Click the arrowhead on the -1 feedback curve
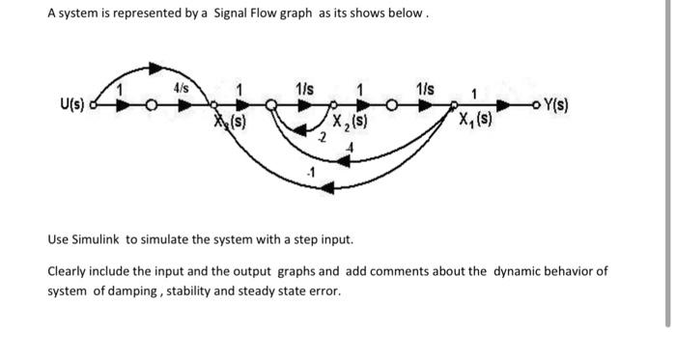[328, 187]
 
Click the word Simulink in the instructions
[99, 237]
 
